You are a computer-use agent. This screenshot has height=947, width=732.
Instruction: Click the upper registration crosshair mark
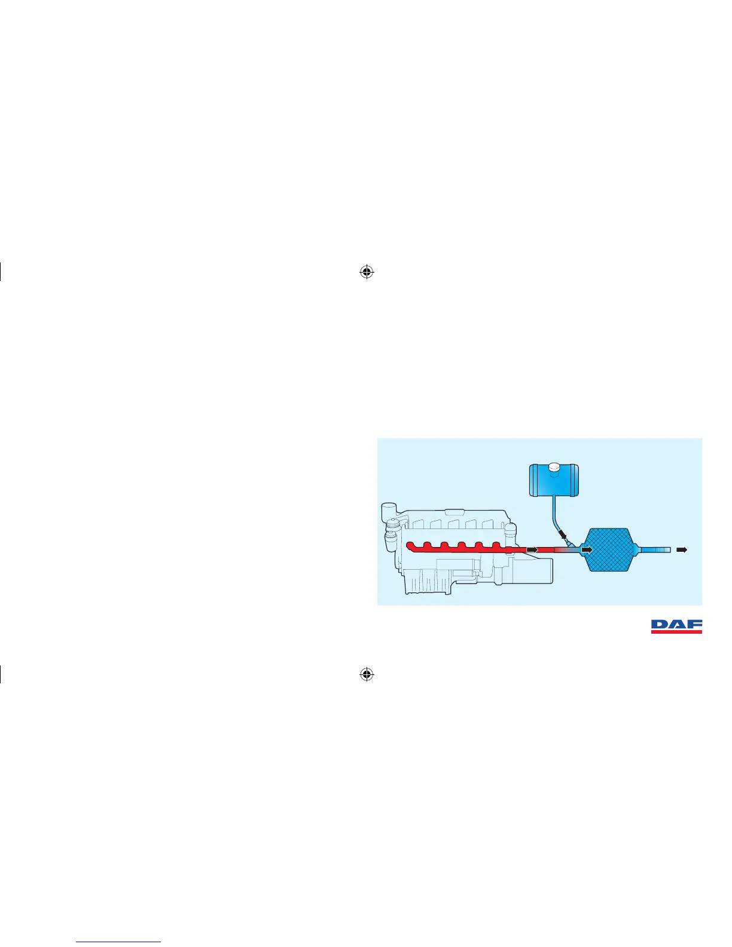(367, 273)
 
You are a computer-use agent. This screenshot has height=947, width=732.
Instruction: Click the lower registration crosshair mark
(367, 674)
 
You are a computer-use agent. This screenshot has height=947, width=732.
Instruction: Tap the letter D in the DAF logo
(659, 625)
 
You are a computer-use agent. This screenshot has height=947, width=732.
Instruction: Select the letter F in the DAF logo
(694, 625)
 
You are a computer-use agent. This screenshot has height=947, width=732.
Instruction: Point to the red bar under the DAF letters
(676, 631)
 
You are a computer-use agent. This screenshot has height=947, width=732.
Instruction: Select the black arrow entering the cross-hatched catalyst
(587, 549)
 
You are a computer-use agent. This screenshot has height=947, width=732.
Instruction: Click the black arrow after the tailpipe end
(682, 549)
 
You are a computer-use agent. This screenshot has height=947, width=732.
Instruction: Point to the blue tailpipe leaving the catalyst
(655, 549)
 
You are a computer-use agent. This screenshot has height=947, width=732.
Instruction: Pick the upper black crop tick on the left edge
(1, 273)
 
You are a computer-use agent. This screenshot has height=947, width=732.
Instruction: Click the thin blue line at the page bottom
(119, 942)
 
